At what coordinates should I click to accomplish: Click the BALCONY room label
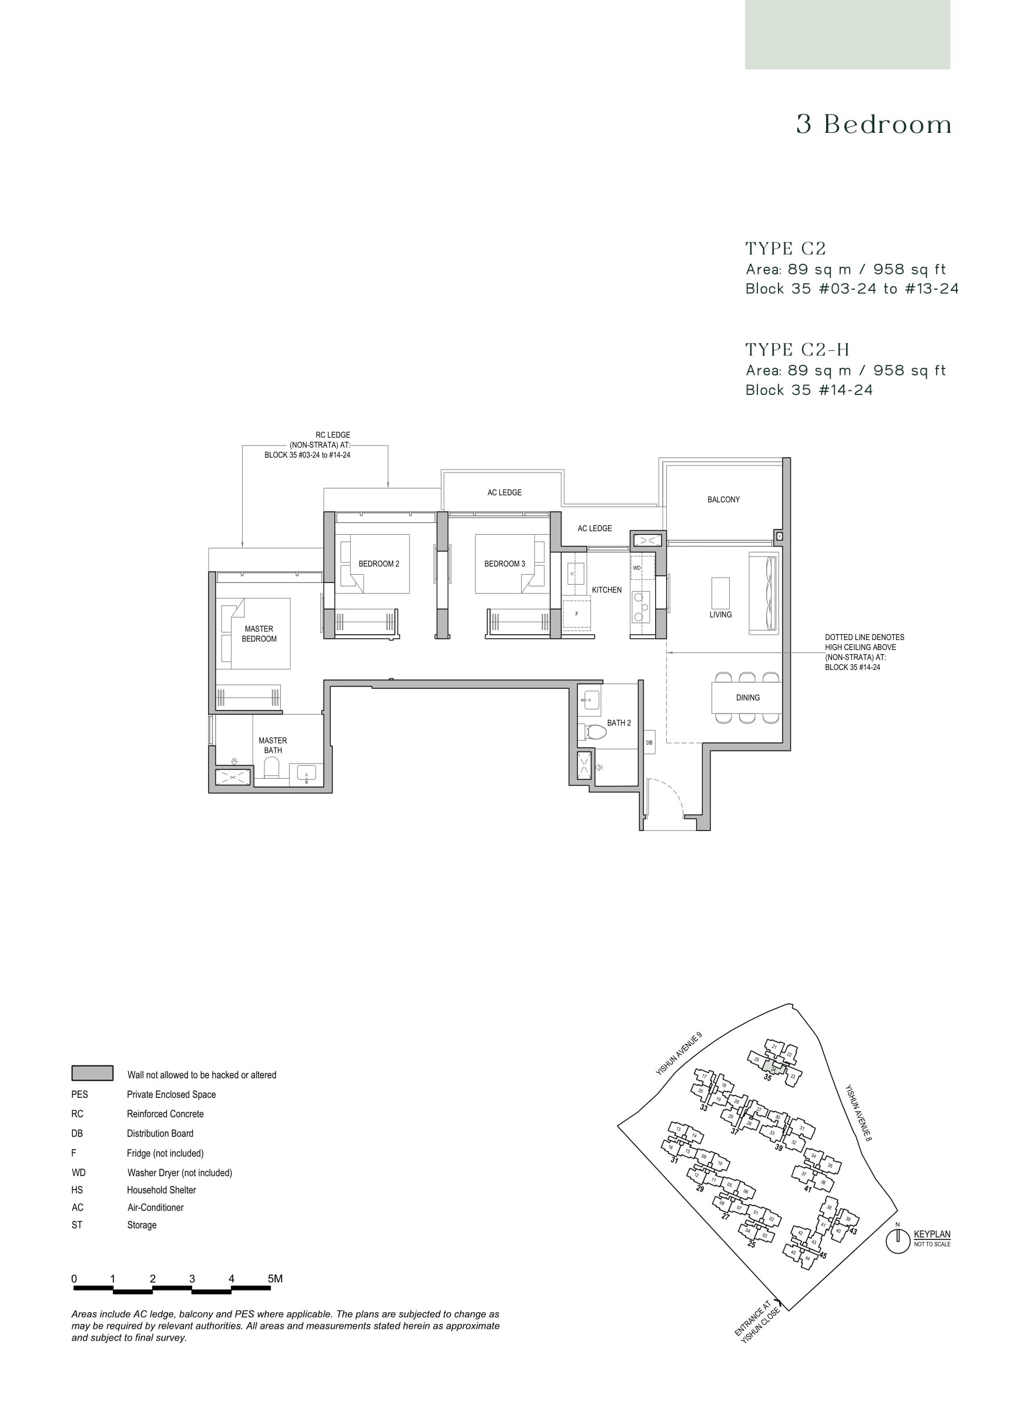(x=723, y=500)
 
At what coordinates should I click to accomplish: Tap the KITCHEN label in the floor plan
(x=606, y=590)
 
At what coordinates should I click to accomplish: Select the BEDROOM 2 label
(x=379, y=564)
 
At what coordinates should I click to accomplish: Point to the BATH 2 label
(x=619, y=723)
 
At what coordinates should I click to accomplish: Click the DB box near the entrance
(x=649, y=743)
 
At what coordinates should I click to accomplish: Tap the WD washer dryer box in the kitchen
(x=637, y=568)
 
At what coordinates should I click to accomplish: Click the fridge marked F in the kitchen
(x=576, y=614)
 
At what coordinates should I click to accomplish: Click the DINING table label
(x=747, y=697)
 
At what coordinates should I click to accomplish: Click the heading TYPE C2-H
(x=797, y=350)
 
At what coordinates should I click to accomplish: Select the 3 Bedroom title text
(x=874, y=125)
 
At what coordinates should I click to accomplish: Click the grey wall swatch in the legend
(x=92, y=1073)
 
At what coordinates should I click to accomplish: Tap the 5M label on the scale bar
(x=275, y=1279)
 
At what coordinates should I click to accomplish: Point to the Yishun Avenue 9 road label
(x=679, y=1053)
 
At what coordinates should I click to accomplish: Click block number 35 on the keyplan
(x=767, y=1078)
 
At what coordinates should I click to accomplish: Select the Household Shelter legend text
(x=161, y=1190)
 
